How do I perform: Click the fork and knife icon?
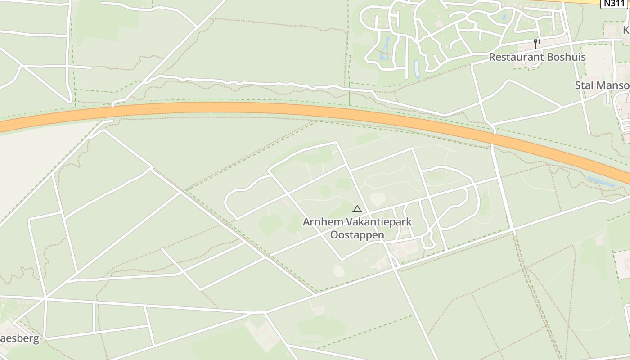[537, 43]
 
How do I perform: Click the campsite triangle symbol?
[357, 209]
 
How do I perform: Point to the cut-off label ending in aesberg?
[20, 339]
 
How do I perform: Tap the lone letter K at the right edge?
[626, 30]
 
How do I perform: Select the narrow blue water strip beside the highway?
[601, 182]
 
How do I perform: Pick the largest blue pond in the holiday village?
[385, 49]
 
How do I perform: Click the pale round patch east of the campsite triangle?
[378, 199]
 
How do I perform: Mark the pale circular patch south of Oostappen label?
[338, 271]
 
